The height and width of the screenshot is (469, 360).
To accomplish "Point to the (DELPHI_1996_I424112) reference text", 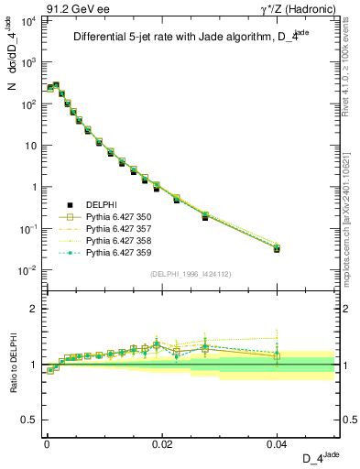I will [189, 272].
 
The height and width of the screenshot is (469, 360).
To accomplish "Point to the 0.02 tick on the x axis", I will [161, 442].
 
